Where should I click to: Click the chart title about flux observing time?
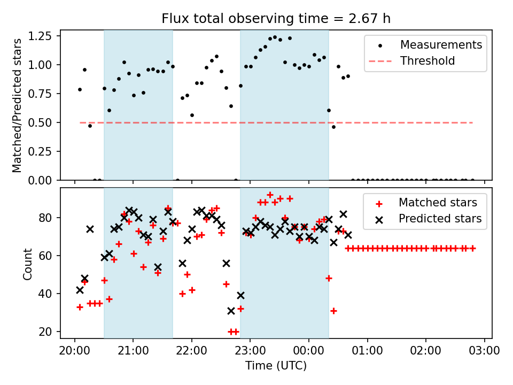click(x=276, y=18)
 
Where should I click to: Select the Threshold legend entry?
click(x=411, y=61)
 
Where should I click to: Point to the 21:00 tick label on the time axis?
click(x=133, y=350)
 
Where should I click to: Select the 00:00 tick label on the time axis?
click(x=309, y=350)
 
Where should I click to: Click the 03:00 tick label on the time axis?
click(x=485, y=350)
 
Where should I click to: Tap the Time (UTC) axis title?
click(x=276, y=365)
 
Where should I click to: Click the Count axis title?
click(x=27, y=264)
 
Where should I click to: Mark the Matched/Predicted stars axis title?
click(x=17, y=105)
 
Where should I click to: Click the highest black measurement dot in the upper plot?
click(x=275, y=37)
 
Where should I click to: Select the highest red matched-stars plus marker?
click(x=270, y=195)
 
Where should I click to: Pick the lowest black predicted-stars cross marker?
click(x=231, y=311)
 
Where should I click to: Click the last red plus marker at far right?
click(x=472, y=249)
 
